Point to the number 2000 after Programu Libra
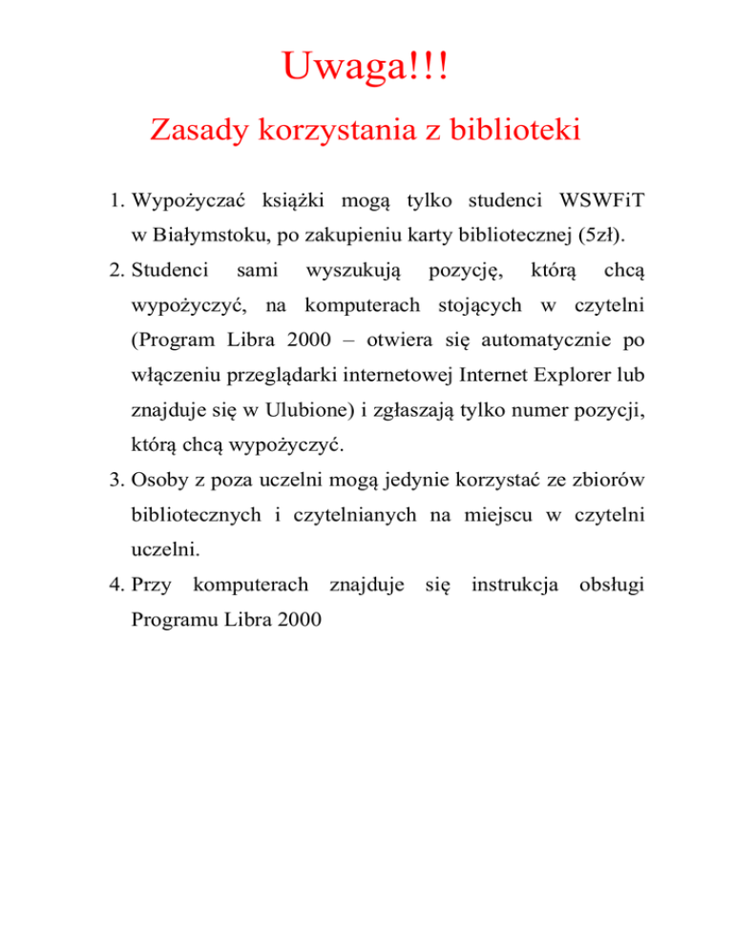(293, 618)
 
